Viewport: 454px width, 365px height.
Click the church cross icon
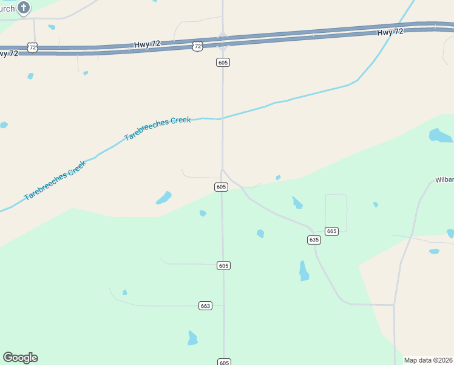tap(24, 8)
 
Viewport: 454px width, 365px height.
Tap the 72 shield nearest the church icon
tap(33, 47)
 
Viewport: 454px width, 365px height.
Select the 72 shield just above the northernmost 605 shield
tap(198, 46)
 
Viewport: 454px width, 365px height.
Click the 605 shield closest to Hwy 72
tap(223, 62)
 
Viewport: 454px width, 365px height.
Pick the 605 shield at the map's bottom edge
tap(223, 362)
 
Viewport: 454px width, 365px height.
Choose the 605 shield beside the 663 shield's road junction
tap(223, 265)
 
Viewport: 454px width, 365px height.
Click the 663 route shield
tap(205, 305)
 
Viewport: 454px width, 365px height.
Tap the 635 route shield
tap(313, 240)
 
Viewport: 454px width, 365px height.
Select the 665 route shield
tap(331, 231)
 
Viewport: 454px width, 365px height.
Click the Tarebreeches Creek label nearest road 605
tap(157, 128)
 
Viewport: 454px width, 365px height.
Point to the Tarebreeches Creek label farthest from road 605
tap(55, 181)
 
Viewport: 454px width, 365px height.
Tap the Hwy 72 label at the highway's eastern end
tap(390, 32)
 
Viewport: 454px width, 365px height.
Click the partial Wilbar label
tap(444, 180)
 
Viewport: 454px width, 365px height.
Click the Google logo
tap(20, 358)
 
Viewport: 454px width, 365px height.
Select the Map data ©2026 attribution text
tap(429, 360)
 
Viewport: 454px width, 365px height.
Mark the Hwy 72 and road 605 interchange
tap(223, 41)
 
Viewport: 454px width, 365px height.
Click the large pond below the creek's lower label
tap(163, 198)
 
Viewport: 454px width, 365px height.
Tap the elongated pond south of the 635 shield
tap(303, 271)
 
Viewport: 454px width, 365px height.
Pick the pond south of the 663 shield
tap(192, 338)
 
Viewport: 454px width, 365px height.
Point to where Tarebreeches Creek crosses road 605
tap(222, 118)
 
